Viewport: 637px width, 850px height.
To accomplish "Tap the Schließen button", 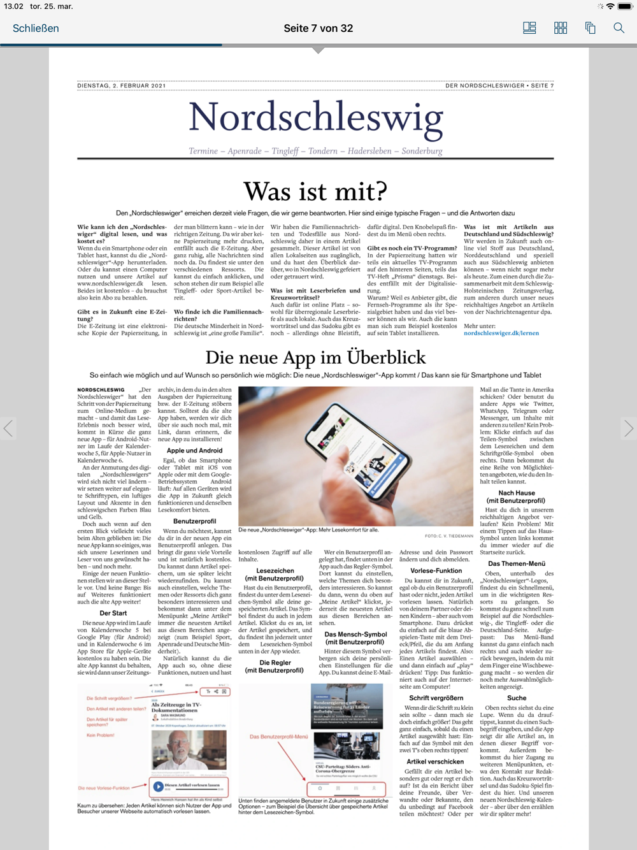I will [x=36, y=28].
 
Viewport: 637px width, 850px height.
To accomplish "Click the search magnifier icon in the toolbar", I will [x=619, y=28].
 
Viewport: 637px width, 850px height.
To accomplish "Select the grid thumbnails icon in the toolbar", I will [x=560, y=28].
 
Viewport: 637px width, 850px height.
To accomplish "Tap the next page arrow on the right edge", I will [x=628, y=428].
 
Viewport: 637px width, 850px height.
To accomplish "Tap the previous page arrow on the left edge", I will [x=8, y=428].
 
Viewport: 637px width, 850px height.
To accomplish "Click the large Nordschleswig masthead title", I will [x=315, y=119].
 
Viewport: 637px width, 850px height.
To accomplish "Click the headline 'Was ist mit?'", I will [x=315, y=191].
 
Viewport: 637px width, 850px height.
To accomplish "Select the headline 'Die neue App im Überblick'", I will [x=315, y=357].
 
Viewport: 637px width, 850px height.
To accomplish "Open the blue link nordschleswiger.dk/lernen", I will [x=501, y=333].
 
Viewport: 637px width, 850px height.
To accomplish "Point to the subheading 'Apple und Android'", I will [x=194, y=450].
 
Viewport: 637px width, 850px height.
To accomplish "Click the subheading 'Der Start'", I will [x=113, y=613].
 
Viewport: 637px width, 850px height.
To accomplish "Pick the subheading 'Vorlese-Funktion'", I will [x=436, y=571].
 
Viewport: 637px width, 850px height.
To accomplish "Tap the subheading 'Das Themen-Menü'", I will [x=517, y=563].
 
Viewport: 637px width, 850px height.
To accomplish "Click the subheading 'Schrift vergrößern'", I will [x=436, y=698].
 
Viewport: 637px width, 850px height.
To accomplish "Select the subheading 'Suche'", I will [x=517, y=698].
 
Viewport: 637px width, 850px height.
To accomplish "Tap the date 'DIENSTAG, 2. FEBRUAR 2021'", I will [x=121, y=85].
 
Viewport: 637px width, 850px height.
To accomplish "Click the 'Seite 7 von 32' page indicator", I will [x=318, y=28].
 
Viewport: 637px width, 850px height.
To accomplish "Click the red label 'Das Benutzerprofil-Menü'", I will [x=278, y=737].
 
